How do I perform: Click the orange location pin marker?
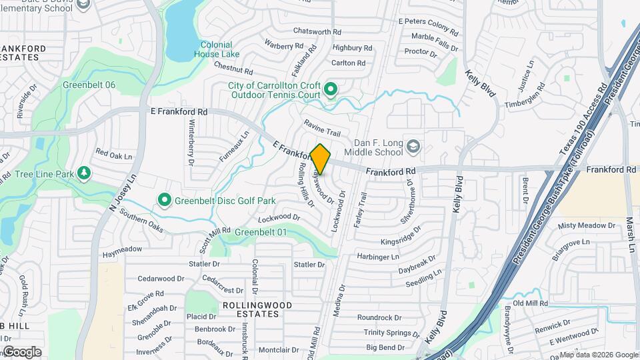coord(321,159)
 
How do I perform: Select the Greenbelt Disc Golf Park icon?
coord(164,199)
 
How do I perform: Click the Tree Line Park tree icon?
coord(84,174)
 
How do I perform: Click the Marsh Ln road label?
coord(629,233)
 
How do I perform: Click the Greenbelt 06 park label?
coord(89,85)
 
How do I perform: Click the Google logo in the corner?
coord(21,351)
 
